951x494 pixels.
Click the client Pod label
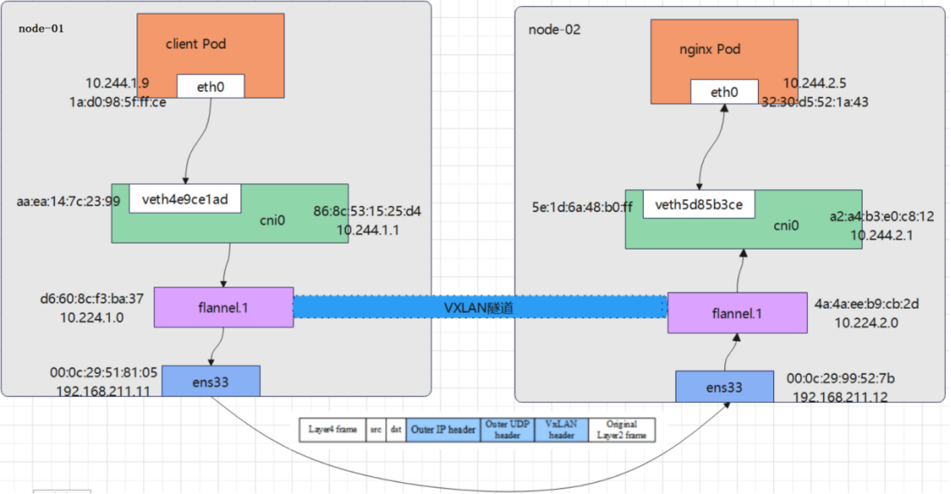[196, 44]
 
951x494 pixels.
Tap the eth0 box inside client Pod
[210, 86]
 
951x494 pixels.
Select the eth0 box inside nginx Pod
[724, 92]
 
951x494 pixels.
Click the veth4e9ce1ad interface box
[185, 199]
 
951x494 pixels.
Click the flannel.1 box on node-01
[223, 307]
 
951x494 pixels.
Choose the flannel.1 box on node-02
[736, 313]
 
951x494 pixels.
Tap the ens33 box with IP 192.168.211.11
[210, 381]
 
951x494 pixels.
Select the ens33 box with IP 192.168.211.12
[724, 387]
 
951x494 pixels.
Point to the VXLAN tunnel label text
[479, 308]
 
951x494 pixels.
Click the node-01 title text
[41, 28]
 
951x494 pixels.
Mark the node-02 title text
[554, 30]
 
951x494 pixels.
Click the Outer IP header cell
[443, 430]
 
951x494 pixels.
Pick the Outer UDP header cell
[507, 430]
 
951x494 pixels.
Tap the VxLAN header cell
[561, 430]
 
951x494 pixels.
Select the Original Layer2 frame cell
[621, 430]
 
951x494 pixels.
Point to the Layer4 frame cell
[332, 430]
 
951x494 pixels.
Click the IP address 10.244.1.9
[117, 83]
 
